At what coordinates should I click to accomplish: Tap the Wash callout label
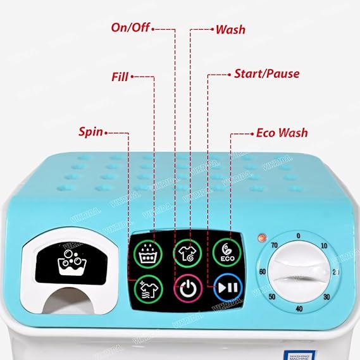(230, 29)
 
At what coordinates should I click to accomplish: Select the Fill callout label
(119, 77)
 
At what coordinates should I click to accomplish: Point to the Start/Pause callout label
(266, 73)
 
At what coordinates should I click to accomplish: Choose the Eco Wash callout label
(282, 133)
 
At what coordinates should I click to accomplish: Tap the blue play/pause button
(228, 287)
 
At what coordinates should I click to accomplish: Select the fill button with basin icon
(148, 252)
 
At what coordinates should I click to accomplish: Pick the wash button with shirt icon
(187, 251)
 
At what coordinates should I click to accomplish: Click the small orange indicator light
(261, 239)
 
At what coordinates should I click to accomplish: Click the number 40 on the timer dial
(299, 309)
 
